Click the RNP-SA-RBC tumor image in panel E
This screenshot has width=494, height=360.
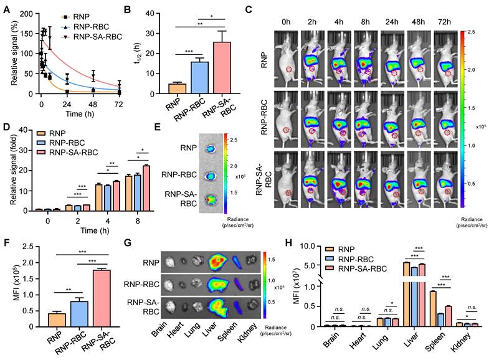[x=210, y=198]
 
